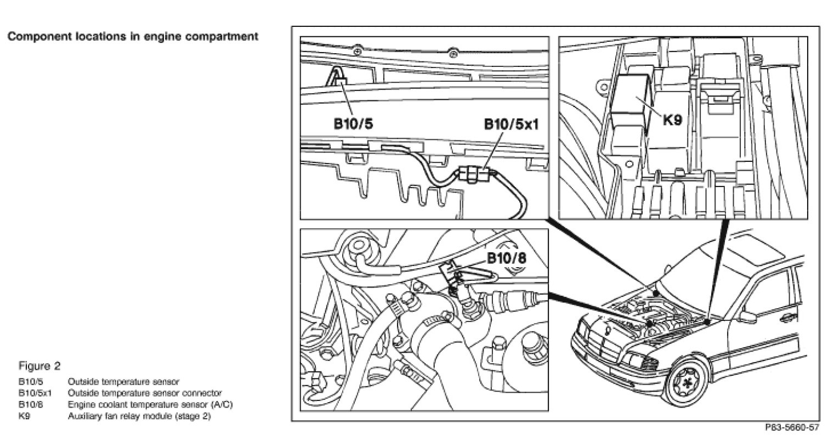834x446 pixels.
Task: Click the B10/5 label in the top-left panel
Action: (353, 124)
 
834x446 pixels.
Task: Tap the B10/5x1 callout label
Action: (510, 124)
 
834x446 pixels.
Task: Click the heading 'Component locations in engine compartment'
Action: (132, 37)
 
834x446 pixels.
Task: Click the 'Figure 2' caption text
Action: (39, 366)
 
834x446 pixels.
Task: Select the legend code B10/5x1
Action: (35, 393)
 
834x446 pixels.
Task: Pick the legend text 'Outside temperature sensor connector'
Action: (144, 393)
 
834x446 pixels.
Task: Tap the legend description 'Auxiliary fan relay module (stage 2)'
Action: (139, 416)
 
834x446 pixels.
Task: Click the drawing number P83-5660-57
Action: (792, 427)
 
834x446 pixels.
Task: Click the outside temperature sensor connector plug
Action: (472, 175)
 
